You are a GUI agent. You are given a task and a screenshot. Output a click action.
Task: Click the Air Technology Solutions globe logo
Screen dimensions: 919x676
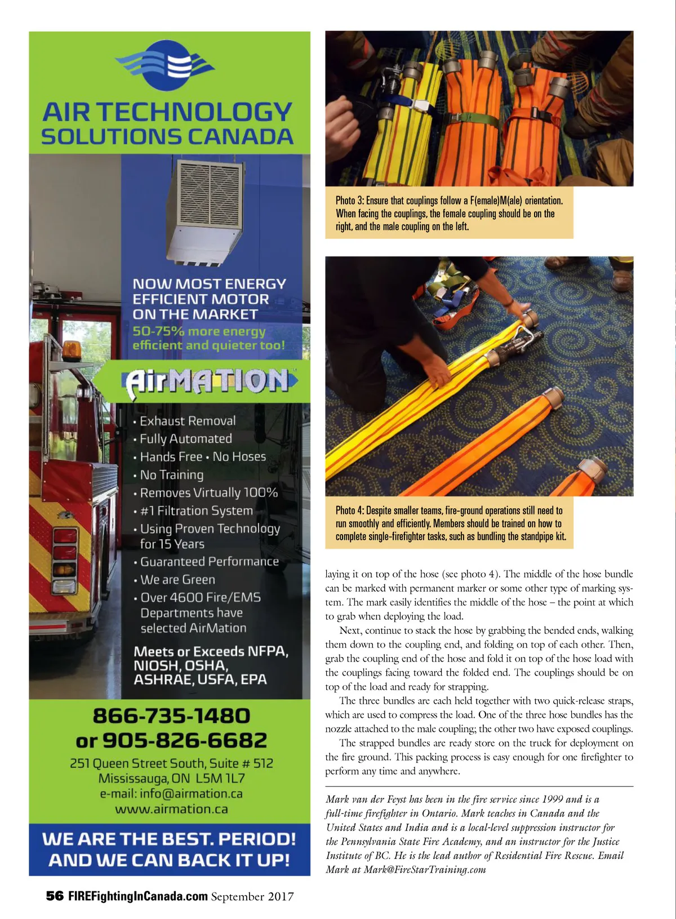click(x=165, y=66)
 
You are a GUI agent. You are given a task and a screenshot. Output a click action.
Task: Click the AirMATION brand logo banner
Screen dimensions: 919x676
click(x=206, y=381)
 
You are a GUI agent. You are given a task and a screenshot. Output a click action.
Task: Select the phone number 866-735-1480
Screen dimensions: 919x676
click(x=171, y=716)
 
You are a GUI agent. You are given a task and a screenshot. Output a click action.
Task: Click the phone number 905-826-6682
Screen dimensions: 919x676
click(x=185, y=740)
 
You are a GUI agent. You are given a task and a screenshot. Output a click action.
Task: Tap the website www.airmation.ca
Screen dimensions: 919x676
click(x=171, y=809)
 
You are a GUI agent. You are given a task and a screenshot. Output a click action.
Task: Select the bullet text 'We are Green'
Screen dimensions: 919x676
click(x=177, y=579)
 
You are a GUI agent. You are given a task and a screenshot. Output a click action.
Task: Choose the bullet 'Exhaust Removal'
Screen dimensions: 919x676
click(x=188, y=421)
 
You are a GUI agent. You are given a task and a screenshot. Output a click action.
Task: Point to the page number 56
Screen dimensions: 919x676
click(x=55, y=896)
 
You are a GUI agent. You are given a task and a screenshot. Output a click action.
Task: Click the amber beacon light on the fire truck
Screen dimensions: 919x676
click(x=71, y=349)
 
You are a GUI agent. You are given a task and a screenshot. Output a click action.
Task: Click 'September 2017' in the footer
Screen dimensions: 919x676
click(x=252, y=896)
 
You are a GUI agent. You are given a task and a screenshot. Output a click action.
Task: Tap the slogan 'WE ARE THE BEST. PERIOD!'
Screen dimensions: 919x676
click(x=169, y=839)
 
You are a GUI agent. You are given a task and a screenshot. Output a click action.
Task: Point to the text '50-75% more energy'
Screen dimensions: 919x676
click(x=199, y=331)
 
